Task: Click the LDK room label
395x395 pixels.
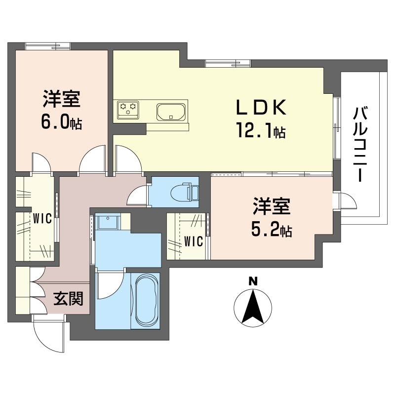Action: pyautogui.click(x=261, y=107)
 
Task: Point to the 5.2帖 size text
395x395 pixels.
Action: pyautogui.click(x=271, y=230)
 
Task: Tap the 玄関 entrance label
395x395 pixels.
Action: pyautogui.click(x=68, y=298)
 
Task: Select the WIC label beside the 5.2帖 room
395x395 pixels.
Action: pyautogui.click(x=194, y=241)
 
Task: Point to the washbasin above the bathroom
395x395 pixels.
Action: pyautogui.click(x=107, y=222)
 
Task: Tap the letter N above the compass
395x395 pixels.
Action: pyautogui.click(x=253, y=282)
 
